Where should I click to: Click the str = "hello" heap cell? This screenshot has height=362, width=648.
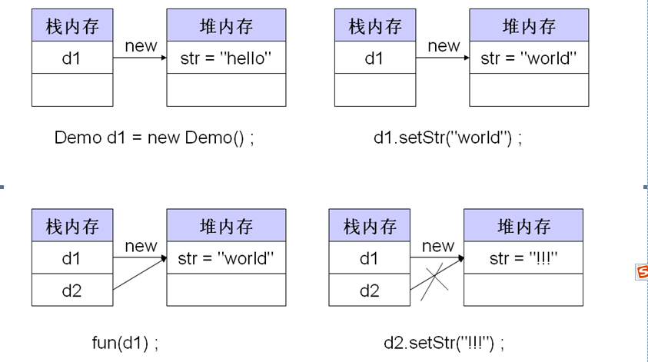pyautogui.click(x=226, y=58)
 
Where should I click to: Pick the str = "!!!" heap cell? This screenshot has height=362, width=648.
pyautogui.click(x=523, y=258)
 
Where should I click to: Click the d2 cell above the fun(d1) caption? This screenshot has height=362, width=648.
pyautogui.click(x=71, y=290)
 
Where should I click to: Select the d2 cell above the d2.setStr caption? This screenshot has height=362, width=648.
pyautogui.click(x=370, y=290)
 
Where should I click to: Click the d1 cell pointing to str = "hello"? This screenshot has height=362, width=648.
pyautogui.click(x=71, y=58)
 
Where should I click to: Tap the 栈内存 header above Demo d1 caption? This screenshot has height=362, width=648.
pyautogui.click(x=71, y=27)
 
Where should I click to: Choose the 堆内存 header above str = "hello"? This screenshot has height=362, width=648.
pyautogui.click(x=226, y=27)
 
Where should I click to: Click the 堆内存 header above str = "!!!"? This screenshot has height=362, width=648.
pyautogui.click(x=523, y=227)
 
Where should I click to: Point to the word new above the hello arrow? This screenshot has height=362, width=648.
pyautogui.click(x=141, y=46)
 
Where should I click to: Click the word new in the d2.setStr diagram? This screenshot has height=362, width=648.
pyautogui.click(x=438, y=246)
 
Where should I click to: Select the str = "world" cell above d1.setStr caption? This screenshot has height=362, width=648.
pyautogui.click(x=528, y=58)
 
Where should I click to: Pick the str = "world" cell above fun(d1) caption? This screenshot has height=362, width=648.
pyautogui.click(x=226, y=258)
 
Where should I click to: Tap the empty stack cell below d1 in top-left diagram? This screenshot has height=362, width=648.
pyautogui.click(x=71, y=90)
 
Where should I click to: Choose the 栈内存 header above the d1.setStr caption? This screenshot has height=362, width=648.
pyautogui.click(x=374, y=27)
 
